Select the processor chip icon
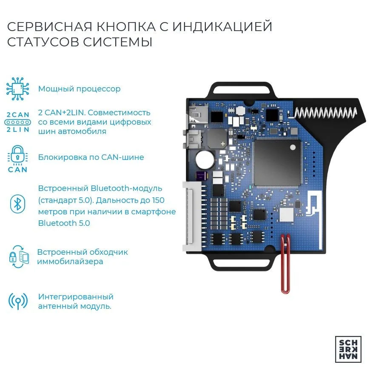(x=18, y=89)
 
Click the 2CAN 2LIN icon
(x=18, y=122)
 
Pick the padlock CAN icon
(x=17, y=159)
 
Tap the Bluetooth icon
(x=18, y=204)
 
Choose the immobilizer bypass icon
(x=19, y=257)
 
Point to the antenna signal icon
(x=18, y=302)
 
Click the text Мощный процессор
(x=79, y=89)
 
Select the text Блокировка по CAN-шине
(x=91, y=157)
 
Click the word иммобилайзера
(x=70, y=262)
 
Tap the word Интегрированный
(x=76, y=297)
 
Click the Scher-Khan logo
(x=348, y=349)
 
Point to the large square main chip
(x=277, y=162)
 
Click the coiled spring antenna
(x=325, y=112)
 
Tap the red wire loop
(x=285, y=264)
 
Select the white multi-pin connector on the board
(x=192, y=216)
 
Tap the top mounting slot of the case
(x=242, y=90)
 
